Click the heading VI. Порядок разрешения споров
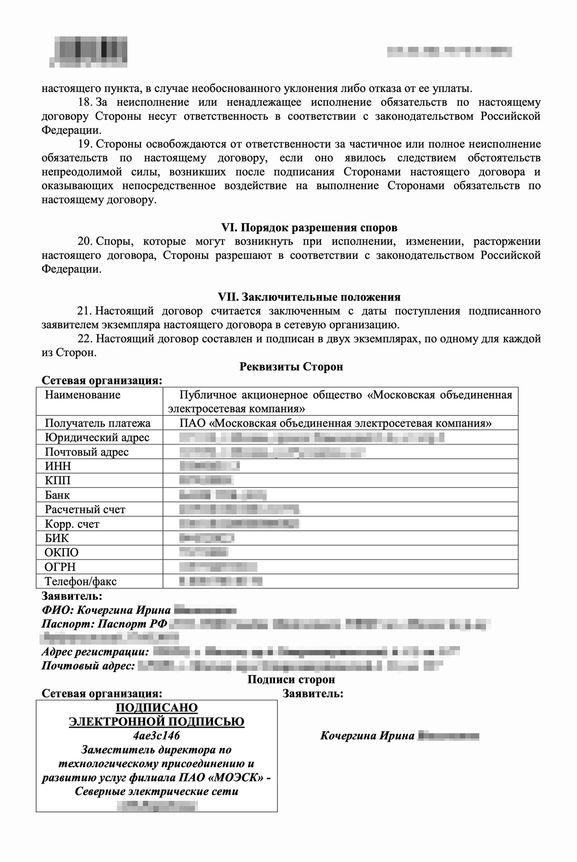click(x=309, y=227)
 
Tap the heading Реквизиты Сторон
click(x=291, y=367)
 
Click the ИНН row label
click(x=58, y=466)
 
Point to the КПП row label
click(x=58, y=481)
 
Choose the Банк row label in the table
click(x=57, y=495)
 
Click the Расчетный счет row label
click(x=85, y=509)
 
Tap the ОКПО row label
click(x=62, y=552)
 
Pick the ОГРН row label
click(x=60, y=567)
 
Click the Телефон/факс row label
click(x=81, y=581)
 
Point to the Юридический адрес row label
click(x=97, y=437)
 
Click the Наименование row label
click(x=83, y=395)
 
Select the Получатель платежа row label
click(x=98, y=423)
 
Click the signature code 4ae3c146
click(x=157, y=735)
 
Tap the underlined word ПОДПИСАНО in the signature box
click(x=157, y=708)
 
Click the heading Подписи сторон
click(x=291, y=679)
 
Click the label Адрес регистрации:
click(x=95, y=652)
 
